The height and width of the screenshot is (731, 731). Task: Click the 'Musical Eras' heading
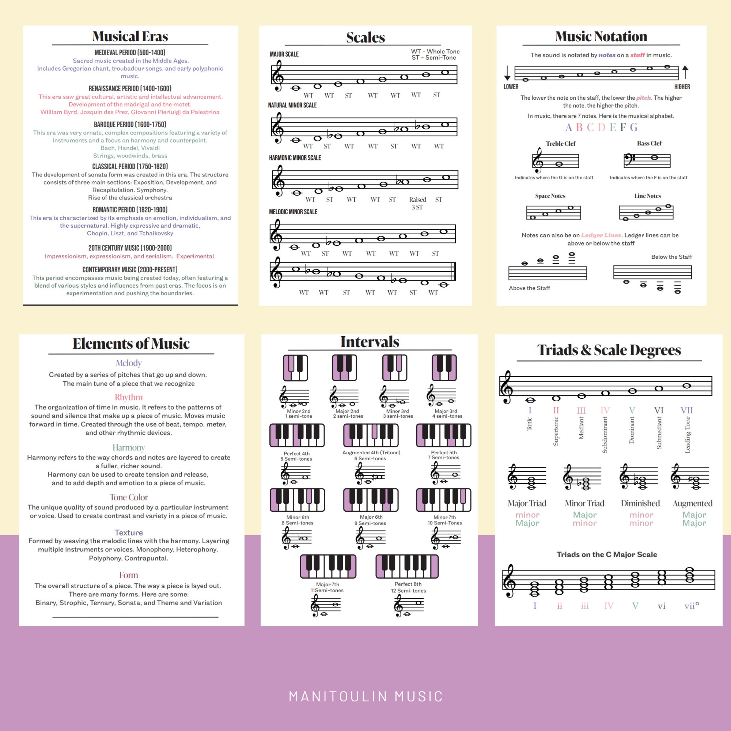click(x=130, y=36)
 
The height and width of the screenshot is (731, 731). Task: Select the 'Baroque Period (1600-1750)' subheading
click(x=130, y=125)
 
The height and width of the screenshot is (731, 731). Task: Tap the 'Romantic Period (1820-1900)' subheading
click(x=130, y=209)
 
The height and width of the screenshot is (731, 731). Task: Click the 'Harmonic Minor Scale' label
click(x=295, y=158)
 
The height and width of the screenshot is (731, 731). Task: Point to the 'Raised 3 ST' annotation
click(x=417, y=203)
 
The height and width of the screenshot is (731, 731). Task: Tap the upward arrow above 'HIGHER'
click(x=685, y=72)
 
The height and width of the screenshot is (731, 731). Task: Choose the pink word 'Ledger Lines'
click(x=601, y=235)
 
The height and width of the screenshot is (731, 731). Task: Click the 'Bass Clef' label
click(x=649, y=143)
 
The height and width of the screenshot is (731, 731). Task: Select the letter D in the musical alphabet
click(x=602, y=128)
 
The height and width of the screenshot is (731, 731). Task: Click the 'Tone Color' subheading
click(x=129, y=497)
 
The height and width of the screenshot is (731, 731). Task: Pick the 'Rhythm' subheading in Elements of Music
click(x=129, y=397)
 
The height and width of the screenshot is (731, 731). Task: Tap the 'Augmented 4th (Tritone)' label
click(x=371, y=452)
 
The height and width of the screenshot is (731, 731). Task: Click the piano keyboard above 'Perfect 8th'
click(x=407, y=567)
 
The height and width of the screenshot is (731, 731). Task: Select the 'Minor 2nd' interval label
click(x=299, y=411)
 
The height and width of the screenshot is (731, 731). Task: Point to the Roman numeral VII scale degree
click(x=687, y=410)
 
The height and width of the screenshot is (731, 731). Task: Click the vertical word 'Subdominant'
click(x=605, y=435)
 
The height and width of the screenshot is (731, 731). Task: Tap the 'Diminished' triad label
click(x=640, y=503)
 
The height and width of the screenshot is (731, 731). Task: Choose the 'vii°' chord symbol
click(x=692, y=606)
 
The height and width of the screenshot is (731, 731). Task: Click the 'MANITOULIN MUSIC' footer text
click(x=365, y=697)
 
